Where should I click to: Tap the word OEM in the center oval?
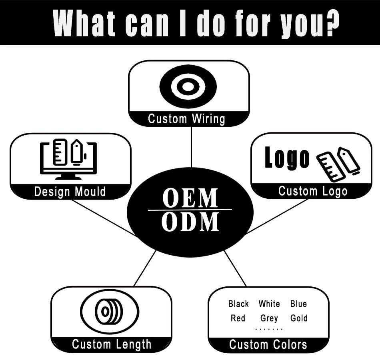pos(190,198)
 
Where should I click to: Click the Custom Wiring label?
pos(186,119)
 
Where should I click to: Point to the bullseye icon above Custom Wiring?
pos(188,86)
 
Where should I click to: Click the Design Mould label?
pos(70,192)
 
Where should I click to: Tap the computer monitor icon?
pos(68,160)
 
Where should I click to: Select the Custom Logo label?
pos(313,191)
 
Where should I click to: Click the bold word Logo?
pos(287,158)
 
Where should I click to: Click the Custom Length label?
pos(112,344)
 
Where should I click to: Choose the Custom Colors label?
pos(268,344)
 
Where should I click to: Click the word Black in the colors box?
pos(238,304)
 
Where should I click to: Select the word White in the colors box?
pos(269,304)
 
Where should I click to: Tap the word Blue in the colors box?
pos(298,304)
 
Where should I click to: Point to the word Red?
pos(238,318)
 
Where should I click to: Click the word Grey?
pos(269,319)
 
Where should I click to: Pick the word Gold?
pos(299,318)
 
